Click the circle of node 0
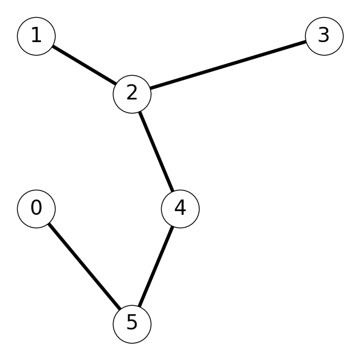pyautogui.click(x=36, y=209)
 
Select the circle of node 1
pyautogui.click(x=36, y=36)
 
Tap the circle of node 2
pyautogui.click(x=132, y=94)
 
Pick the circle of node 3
pyautogui.click(x=324, y=36)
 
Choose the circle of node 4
pyautogui.click(x=180, y=209)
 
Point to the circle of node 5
pyautogui.click(x=132, y=324)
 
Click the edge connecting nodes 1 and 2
pyautogui.click(x=84, y=65)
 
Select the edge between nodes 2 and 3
pyautogui.click(x=228, y=65)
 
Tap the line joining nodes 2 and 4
pyautogui.click(x=156, y=151)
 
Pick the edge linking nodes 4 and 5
pyautogui.click(x=156, y=267)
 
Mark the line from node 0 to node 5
pyautogui.click(x=84, y=267)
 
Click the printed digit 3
pyautogui.click(x=324, y=35)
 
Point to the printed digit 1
pyautogui.click(x=37, y=35)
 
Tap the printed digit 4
pyautogui.click(x=180, y=207)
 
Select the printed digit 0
pyautogui.click(x=36, y=207)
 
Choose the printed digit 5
pyautogui.click(x=132, y=323)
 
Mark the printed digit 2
pyautogui.click(x=132, y=93)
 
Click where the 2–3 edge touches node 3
pyautogui.click(x=306, y=41)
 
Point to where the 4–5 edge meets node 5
pyautogui.click(x=139, y=306)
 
